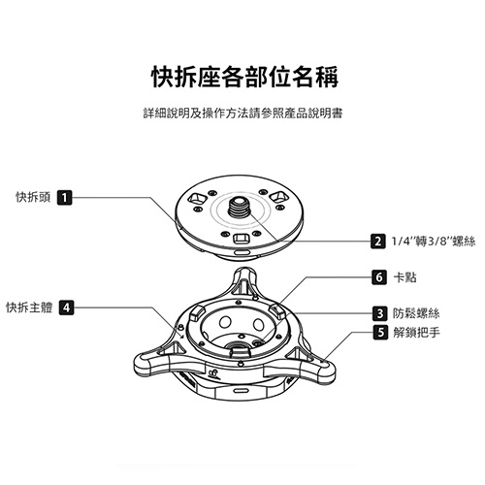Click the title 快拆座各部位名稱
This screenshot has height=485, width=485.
[x=245, y=77]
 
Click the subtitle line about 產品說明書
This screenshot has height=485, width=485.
[x=242, y=113]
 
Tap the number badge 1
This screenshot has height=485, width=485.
[x=65, y=198]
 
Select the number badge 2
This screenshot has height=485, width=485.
[x=378, y=242]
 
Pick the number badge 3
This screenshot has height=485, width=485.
[x=380, y=313]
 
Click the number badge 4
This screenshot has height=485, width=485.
[x=66, y=307]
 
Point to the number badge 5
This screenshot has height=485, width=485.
[x=380, y=332]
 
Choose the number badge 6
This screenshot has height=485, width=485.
[x=379, y=277]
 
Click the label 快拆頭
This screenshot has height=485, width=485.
[x=33, y=197]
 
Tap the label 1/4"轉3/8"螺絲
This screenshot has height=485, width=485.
[x=434, y=242]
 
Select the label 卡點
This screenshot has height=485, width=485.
[x=404, y=277]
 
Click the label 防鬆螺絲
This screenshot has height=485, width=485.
[x=416, y=313]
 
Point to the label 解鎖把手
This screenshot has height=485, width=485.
[x=416, y=332]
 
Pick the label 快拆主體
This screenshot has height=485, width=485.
[x=29, y=307]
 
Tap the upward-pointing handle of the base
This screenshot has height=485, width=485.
[x=245, y=281]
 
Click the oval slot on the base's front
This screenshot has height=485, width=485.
[x=242, y=390]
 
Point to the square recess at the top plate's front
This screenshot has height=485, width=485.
[x=241, y=239]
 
